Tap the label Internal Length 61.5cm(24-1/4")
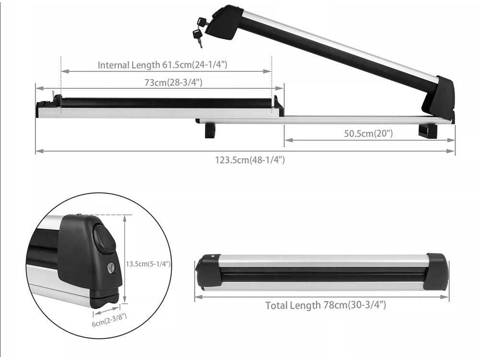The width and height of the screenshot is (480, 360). [162, 64]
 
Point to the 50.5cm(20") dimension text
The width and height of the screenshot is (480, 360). [368, 133]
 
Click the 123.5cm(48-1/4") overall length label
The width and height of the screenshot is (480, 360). [250, 160]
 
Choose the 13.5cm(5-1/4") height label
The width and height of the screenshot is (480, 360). [148, 264]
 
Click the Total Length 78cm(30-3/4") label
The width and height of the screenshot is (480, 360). [325, 305]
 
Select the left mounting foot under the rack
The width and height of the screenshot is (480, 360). [210, 130]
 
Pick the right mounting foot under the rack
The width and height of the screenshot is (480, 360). [427, 131]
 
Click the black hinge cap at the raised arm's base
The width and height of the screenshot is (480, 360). [439, 98]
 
